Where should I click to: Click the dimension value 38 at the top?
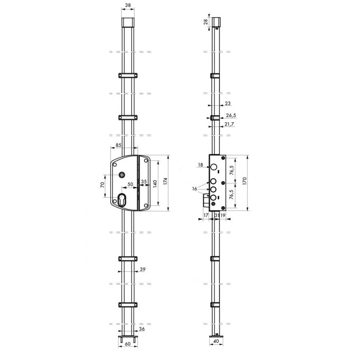(128, 5)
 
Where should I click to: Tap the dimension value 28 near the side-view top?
(206, 22)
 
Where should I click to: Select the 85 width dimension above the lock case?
(118, 145)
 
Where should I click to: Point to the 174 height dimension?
(165, 181)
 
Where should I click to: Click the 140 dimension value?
(155, 184)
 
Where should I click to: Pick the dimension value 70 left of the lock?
(103, 185)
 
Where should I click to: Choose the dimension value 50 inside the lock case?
(130, 184)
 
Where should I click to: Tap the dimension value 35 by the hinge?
(144, 182)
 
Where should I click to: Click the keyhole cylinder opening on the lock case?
(121, 200)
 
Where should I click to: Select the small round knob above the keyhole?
(121, 175)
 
